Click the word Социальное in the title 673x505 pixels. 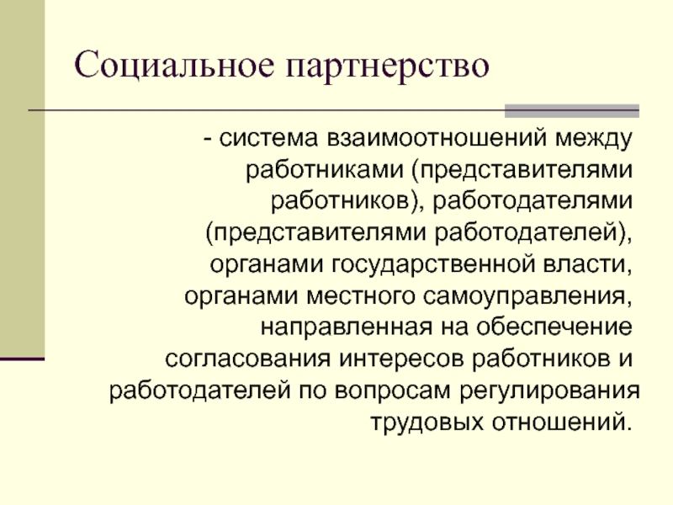(x=174, y=66)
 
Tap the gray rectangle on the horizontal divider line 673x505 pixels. (x=572, y=111)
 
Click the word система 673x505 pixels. (x=268, y=138)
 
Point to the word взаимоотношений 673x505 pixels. (x=437, y=139)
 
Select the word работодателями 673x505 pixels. (x=533, y=201)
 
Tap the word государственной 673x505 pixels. (x=433, y=264)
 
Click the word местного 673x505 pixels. (x=361, y=296)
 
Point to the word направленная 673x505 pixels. (x=347, y=327)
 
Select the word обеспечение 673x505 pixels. (x=554, y=327)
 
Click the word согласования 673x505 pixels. (x=248, y=359)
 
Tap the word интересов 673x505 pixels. (x=402, y=359)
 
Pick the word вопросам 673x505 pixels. (x=393, y=391)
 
